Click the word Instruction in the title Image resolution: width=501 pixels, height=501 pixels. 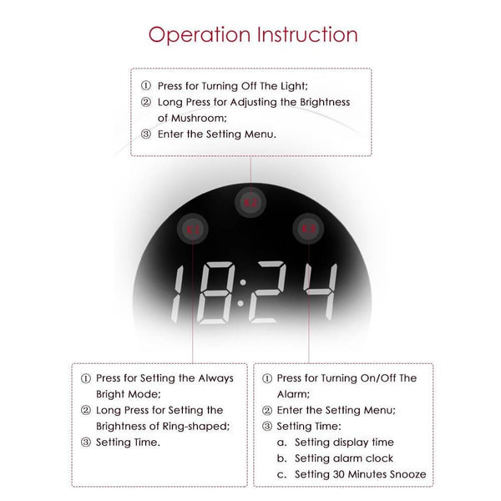307,34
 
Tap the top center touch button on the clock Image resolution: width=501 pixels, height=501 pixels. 250,200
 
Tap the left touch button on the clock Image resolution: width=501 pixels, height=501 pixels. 195,228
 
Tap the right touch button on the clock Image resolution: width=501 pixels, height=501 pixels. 306,227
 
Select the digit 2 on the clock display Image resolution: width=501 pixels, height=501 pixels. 270,295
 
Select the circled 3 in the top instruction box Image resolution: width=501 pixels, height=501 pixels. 145,134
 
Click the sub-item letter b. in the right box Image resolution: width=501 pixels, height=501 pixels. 282,458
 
